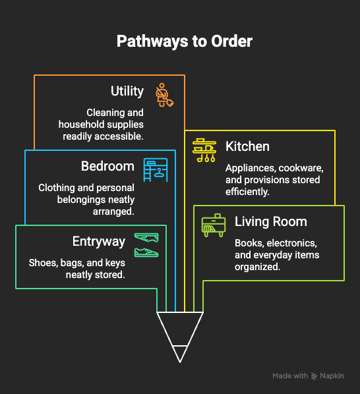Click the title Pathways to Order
pyautogui.click(x=185, y=42)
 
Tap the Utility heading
pyautogui.click(x=127, y=91)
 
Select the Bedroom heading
pyautogui.click(x=107, y=166)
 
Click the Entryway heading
pyautogui.click(x=99, y=242)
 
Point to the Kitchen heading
pyautogui.click(x=247, y=146)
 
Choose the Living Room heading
pyautogui.click(x=271, y=221)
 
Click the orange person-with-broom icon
pyautogui.click(x=164, y=95)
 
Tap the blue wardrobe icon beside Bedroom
pyautogui.click(x=156, y=170)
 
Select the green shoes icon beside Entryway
pyautogui.click(x=146, y=245)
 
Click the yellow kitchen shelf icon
pyautogui.click(x=204, y=150)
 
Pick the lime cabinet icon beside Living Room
pyautogui.click(x=214, y=225)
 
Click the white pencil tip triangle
pyautogui.click(x=180, y=337)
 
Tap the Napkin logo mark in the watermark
pyautogui.click(x=315, y=376)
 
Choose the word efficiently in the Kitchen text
pyautogui.click(x=247, y=192)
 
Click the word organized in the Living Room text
pyautogui.click(x=257, y=267)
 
